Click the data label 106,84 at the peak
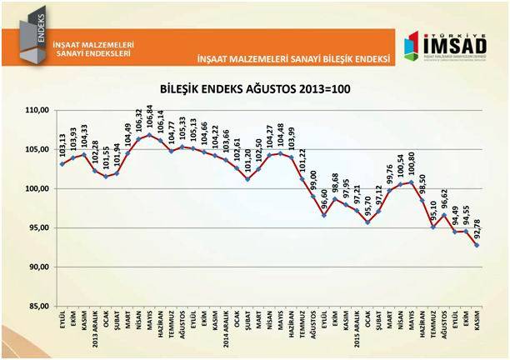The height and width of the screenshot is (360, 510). [150, 117]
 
